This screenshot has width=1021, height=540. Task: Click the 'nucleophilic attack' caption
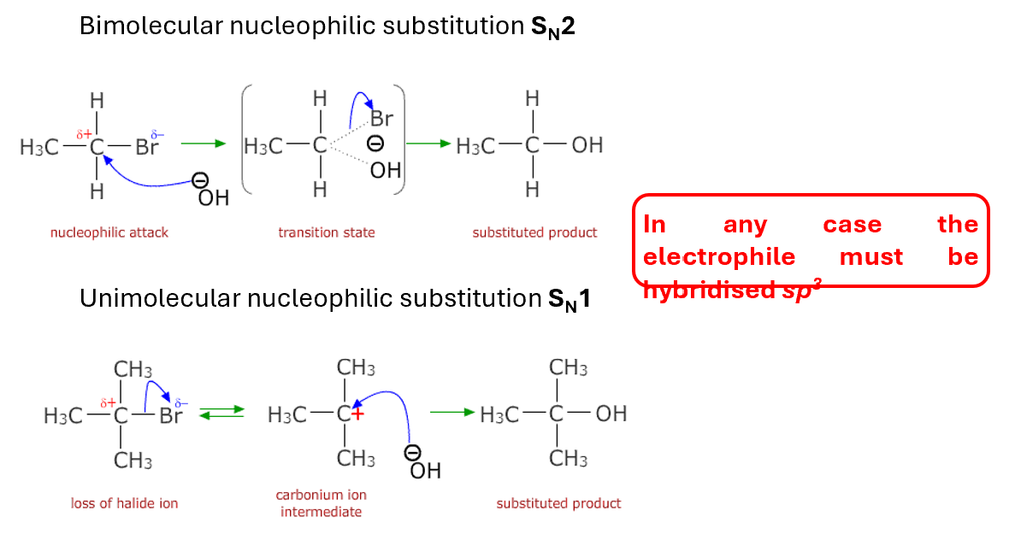109,232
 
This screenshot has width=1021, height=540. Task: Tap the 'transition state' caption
327,232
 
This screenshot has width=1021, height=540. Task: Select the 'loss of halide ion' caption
125,503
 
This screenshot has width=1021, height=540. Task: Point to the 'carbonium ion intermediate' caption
322,503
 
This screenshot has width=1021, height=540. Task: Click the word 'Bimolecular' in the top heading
150,26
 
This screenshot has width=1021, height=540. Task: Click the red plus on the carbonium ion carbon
357,414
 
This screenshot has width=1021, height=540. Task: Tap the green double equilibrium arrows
221,414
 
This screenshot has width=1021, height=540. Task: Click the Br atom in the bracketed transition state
381,119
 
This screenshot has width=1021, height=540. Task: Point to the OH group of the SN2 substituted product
587,145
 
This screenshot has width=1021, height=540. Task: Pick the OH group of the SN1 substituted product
611,414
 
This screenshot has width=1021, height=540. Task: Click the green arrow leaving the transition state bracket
428,144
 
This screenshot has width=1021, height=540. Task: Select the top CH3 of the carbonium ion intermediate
356,368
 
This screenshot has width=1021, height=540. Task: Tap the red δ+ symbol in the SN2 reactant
84,133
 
